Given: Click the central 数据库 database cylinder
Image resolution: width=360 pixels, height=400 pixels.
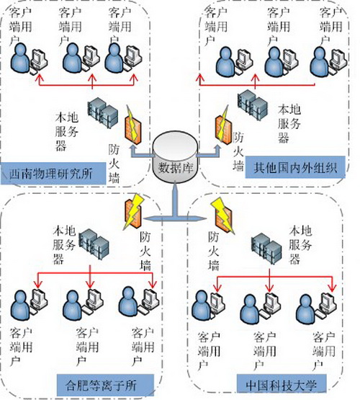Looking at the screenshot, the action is (x=175, y=157).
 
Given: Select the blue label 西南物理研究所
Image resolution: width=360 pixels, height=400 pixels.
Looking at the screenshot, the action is (x=53, y=174).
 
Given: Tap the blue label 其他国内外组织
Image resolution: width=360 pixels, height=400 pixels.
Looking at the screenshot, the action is (x=295, y=167).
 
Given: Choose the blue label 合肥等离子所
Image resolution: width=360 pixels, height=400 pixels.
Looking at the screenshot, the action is (x=105, y=386).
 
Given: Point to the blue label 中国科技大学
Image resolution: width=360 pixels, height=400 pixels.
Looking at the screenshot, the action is (x=282, y=385).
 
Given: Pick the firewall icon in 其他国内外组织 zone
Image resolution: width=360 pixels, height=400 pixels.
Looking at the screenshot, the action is (x=222, y=126).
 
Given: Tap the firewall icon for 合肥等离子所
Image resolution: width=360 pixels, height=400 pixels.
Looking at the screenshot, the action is (x=133, y=211).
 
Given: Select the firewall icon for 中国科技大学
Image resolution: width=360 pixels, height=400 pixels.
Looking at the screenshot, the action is (x=222, y=215).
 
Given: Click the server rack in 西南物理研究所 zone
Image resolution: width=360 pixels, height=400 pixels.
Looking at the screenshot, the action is (x=102, y=112).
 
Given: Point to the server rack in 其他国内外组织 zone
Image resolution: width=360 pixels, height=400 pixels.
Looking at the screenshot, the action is (x=253, y=105).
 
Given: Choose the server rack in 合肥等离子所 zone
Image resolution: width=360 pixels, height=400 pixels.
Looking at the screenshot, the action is (x=94, y=244).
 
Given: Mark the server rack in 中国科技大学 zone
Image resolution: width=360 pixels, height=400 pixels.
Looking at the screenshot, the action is (x=266, y=248).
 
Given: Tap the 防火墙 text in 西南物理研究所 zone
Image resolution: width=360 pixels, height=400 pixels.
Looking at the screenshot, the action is (x=114, y=164).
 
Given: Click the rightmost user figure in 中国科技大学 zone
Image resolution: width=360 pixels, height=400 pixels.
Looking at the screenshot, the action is (x=306, y=309).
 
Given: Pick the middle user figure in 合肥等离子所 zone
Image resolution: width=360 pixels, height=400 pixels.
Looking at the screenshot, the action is (x=73, y=305).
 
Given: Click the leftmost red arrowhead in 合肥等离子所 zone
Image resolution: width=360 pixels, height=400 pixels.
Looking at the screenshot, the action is (x=38, y=284).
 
